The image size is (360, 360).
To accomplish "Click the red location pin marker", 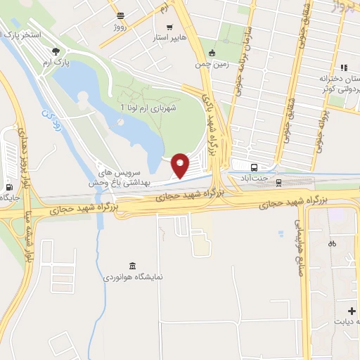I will click(x=181, y=165).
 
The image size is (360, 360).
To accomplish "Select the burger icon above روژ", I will click(x=120, y=15).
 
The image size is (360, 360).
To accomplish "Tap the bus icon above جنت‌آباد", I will click(x=254, y=167).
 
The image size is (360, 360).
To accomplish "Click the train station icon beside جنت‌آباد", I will click(x=278, y=182).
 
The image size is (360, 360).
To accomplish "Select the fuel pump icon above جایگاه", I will click(x=8, y=187).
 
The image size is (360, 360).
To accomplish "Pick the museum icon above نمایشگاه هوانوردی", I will click(x=133, y=264).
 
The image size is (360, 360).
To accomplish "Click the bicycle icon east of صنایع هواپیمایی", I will click(x=332, y=244).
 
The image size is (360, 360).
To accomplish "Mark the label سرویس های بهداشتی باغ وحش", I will click(x=129, y=177).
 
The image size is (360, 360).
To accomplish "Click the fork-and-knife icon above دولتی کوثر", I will click(x=344, y=67).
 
